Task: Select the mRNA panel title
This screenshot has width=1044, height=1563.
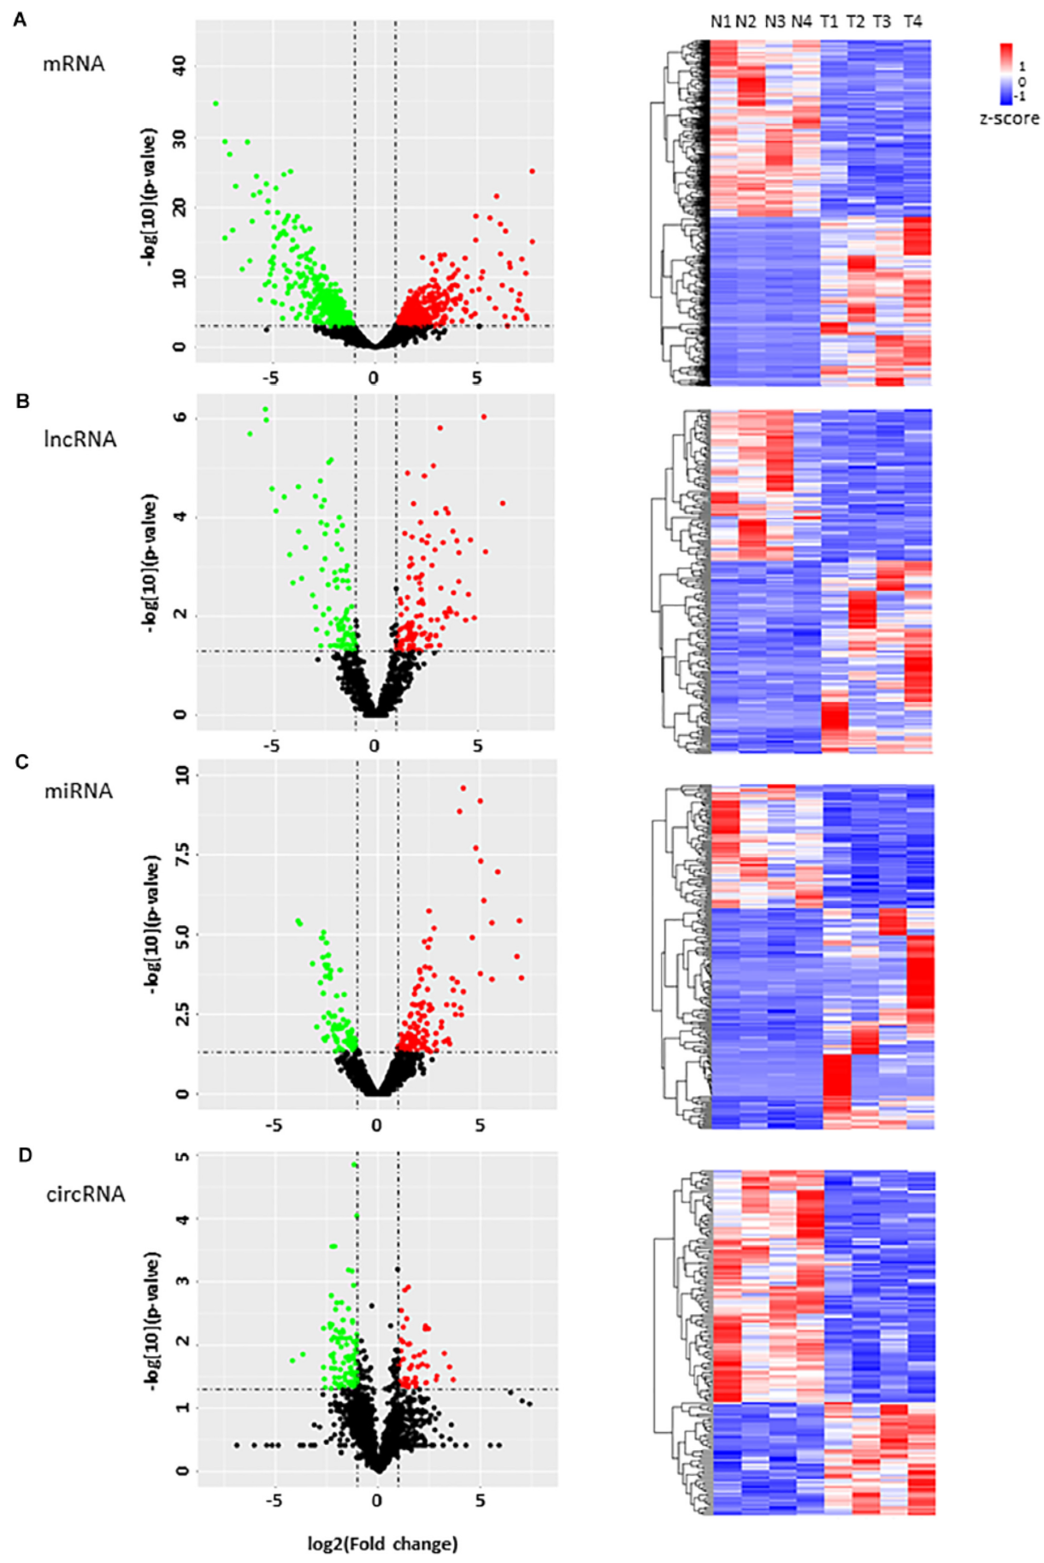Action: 74,64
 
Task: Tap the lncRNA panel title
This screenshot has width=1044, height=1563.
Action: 80,439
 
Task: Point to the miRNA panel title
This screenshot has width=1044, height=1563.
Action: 79,791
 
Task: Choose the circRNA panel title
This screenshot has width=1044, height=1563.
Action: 86,1194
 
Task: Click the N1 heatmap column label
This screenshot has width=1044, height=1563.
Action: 721,21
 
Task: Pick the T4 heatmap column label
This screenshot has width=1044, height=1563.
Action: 913,21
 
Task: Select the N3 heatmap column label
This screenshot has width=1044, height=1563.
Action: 775,21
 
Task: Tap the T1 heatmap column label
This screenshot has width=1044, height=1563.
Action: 829,21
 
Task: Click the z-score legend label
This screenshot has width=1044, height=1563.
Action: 1009,118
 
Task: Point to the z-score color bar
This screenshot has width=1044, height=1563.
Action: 1006,74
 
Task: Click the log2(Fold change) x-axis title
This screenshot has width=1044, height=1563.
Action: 383,1543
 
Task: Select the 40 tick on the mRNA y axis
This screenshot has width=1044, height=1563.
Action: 180,66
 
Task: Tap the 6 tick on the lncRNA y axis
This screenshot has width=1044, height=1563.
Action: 180,418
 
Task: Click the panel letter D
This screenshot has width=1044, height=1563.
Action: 25,1155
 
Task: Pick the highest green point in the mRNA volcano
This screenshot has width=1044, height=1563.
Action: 215,103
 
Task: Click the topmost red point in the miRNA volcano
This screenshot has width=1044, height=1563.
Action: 463,788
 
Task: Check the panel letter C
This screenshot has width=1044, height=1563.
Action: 23,761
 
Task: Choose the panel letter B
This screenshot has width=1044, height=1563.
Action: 23,400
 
